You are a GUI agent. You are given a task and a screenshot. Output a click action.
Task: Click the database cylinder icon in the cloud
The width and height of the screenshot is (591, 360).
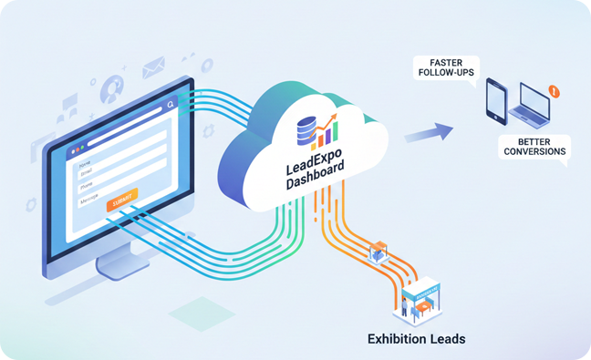[x=306, y=130]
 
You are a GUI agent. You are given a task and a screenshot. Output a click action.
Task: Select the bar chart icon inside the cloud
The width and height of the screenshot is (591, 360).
[x=326, y=133]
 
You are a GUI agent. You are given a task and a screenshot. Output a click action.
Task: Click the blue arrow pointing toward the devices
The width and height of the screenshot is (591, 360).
[x=429, y=133]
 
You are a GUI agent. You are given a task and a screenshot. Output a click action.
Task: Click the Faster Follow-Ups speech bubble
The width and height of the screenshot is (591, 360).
[x=445, y=68]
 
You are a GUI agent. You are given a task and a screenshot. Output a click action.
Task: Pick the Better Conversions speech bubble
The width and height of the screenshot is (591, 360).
[x=534, y=147]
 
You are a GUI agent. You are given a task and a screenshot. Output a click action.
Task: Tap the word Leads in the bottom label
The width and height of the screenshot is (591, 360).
[x=450, y=339]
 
